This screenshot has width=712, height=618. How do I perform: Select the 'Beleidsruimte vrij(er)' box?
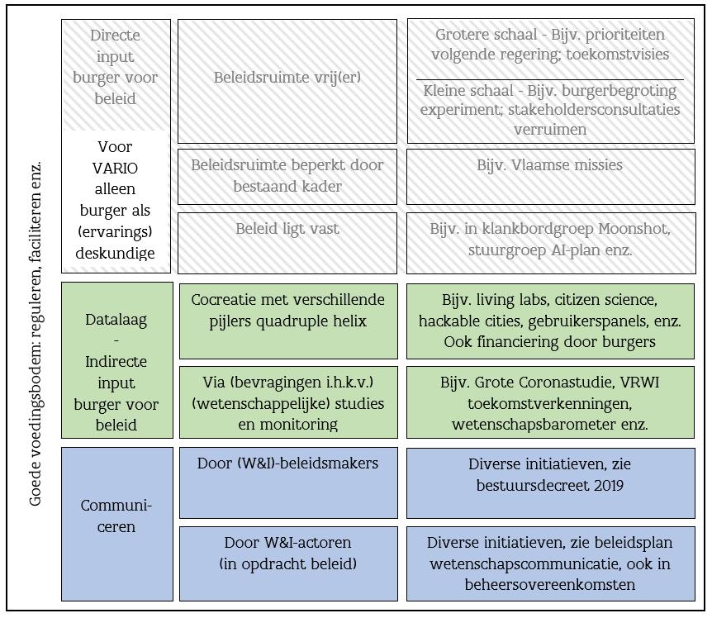(287, 78)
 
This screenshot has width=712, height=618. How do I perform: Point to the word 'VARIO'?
(116, 168)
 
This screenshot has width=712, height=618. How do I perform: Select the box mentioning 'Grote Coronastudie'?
(550, 403)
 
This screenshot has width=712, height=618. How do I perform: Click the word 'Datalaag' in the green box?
(116, 319)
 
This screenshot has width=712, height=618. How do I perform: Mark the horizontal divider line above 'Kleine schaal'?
(550, 79)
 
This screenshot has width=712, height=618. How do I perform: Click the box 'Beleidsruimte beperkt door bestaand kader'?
(287, 175)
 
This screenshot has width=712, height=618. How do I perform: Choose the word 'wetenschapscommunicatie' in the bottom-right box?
(513, 564)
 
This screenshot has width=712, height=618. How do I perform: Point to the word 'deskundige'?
(116, 254)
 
